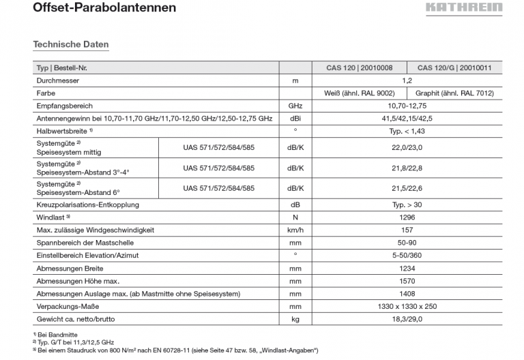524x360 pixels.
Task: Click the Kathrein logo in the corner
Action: coord(464,8)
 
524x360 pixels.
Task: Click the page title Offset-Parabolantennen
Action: coord(104,8)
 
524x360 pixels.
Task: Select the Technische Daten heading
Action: coord(71,44)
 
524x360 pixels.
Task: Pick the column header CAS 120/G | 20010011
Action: coord(459,68)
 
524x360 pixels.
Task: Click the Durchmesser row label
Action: coord(58,80)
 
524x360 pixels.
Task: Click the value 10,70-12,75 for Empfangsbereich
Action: coord(407,106)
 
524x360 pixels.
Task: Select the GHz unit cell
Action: coord(295,106)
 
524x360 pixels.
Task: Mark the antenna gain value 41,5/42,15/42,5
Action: coord(407,119)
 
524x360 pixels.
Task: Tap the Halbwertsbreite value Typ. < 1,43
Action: coord(407,131)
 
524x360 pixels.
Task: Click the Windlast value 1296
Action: coord(407,217)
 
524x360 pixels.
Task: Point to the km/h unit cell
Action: coord(295,230)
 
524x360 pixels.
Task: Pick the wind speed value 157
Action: coord(407,230)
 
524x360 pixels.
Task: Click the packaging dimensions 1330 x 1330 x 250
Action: coord(407,306)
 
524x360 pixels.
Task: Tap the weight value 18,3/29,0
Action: coord(407,319)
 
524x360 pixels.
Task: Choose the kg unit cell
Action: coord(295,319)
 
